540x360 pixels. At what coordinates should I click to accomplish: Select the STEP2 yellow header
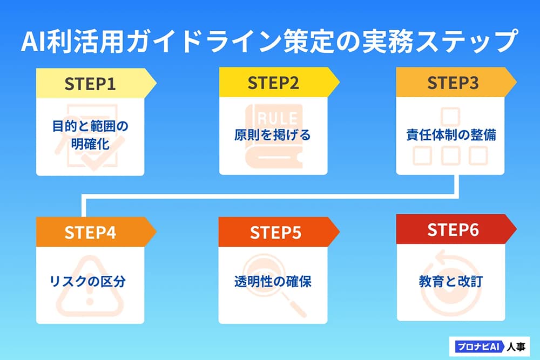[x=273, y=84]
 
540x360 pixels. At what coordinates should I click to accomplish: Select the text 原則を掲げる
[x=273, y=135]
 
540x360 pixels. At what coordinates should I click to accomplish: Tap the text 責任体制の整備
[x=451, y=135]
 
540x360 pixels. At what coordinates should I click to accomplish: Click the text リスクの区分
[x=90, y=282]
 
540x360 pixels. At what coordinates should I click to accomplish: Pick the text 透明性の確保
[x=273, y=282]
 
